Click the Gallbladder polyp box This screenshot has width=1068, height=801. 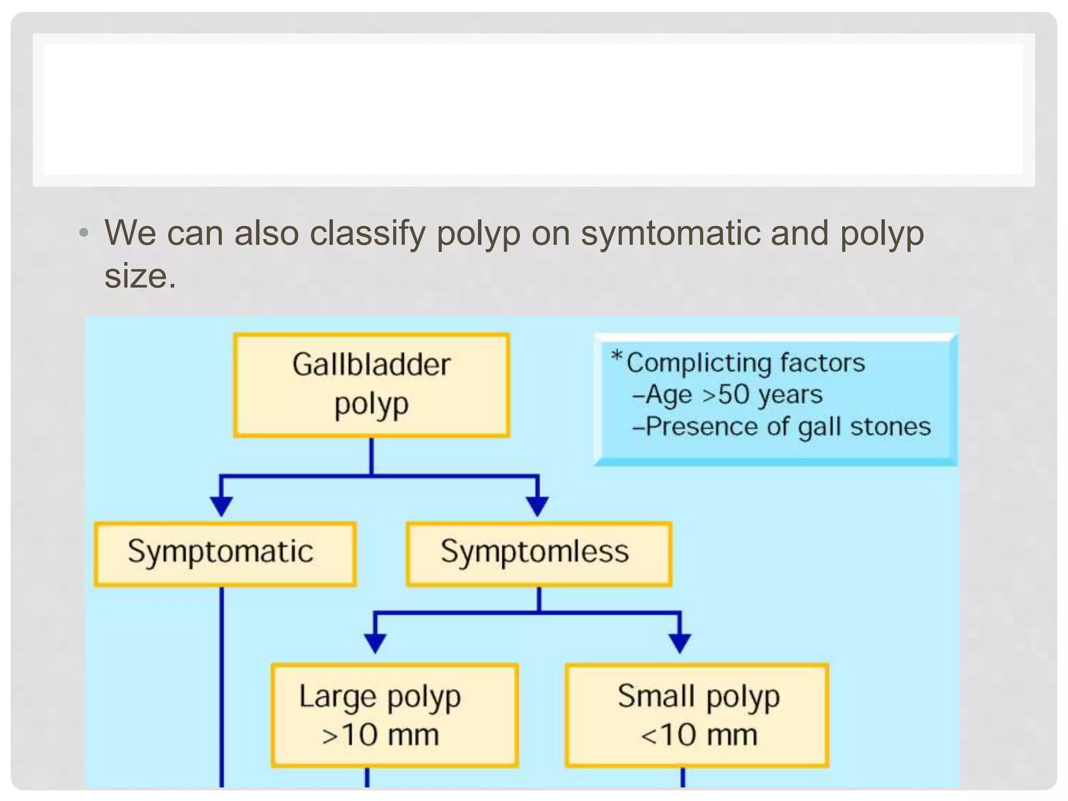[371, 385]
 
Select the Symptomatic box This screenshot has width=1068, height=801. [225, 554]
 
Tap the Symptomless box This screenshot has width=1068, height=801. [539, 554]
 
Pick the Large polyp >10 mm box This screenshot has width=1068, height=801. [395, 715]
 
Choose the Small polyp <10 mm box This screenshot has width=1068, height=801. [697, 715]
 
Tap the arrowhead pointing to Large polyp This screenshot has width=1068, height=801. [375, 643]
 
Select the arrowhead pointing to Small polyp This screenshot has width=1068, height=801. [679, 643]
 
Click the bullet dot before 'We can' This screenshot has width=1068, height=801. [83, 233]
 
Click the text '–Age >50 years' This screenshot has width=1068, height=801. [727, 395]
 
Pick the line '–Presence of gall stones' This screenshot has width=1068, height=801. [781, 427]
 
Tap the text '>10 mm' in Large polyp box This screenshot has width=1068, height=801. [381, 735]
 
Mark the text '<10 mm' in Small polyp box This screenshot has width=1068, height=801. [699, 735]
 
